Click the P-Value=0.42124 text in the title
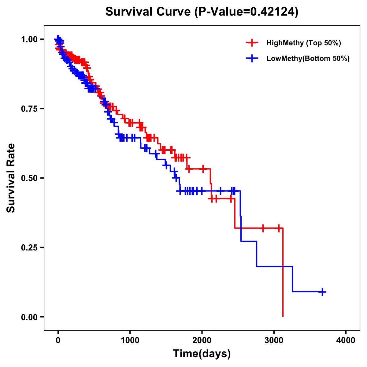click(247, 12)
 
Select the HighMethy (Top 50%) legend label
click(304, 43)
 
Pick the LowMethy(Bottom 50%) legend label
click(308, 59)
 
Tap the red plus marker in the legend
click(252, 43)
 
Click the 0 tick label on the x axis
click(58, 340)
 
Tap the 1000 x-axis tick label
click(130, 340)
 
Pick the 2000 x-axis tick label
click(202, 340)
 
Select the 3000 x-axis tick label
click(274, 340)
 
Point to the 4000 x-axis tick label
click(346, 340)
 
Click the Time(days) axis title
click(202, 354)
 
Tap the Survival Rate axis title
click(11, 178)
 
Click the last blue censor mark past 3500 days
click(322, 292)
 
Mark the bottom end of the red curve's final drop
click(283, 316)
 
